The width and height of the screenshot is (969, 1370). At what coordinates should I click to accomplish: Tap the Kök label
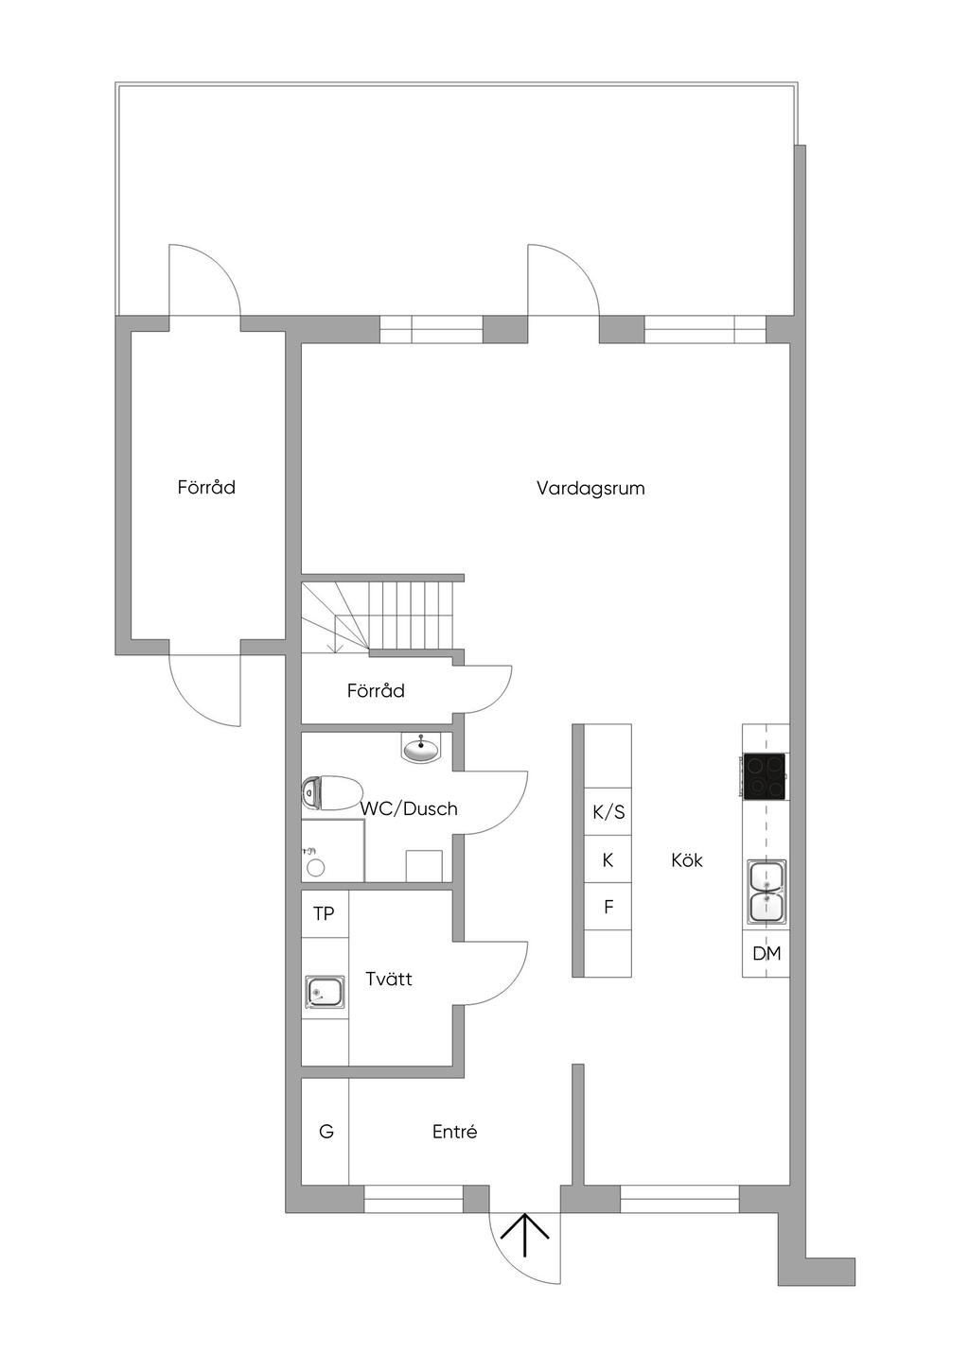coord(687,860)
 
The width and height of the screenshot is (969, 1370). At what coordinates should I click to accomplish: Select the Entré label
coord(454,1132)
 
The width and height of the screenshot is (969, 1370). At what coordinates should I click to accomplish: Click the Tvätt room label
coord(389,979)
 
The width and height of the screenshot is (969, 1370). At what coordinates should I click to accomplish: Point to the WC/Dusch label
coord(409,808)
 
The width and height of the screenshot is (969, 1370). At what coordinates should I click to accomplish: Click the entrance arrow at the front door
coord(524,1235)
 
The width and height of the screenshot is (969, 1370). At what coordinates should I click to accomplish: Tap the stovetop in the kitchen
coord(765,776)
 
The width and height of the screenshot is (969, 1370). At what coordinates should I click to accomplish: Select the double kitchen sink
coord(766,892)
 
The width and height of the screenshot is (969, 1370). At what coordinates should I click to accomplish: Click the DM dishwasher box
coord(766,954)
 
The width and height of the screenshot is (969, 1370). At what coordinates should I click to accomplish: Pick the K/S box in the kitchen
coord(608,812)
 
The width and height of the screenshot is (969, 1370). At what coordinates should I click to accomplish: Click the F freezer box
coord(608,907)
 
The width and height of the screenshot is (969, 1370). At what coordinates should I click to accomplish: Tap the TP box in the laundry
coord(324,913)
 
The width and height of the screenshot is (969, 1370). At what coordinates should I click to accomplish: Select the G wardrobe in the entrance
coord(326,1132)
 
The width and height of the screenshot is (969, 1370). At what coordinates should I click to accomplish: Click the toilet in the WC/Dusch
coord(331,793)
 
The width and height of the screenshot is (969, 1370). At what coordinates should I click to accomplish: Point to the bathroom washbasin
coord(420,750)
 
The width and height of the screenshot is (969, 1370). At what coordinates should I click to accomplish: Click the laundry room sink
coord(324,993)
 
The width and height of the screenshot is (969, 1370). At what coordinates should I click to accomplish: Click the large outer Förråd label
coord(206,488)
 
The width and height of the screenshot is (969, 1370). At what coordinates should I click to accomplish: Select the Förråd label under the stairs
coord(376,691)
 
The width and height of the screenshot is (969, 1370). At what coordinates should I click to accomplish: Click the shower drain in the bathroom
coord(316,866)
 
